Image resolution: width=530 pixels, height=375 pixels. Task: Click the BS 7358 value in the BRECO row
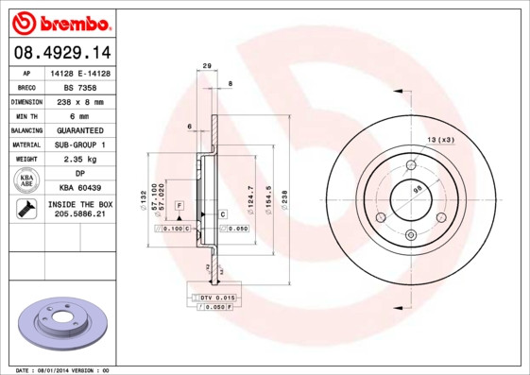pyautogui.click(x=80, y=86)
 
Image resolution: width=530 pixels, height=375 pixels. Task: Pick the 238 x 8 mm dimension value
pyautogui.click(x=80, y=100)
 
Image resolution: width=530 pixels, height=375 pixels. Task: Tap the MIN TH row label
pyautogui.click(x=26, y=114)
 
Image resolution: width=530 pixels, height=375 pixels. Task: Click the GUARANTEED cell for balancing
pyautogui.click(x=80, y=129)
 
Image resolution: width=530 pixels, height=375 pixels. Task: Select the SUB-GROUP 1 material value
pyautogui.click(x=80, y=145)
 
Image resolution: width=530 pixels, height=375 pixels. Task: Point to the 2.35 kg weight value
pyautogui.click(x=80, y=160)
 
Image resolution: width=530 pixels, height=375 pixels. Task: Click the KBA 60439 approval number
pyautogui.click(x=80, y=189)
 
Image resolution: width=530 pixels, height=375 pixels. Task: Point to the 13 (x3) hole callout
pyautogui.click(x=441, y=140)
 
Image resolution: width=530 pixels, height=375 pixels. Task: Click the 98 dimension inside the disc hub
pyautogui.click(x=417, y=193)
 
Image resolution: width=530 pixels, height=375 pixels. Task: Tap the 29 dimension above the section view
pyautogui.click(x=206, y=66)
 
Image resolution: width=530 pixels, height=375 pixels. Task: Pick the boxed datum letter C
pyautogui.click(x=223, y=214)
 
